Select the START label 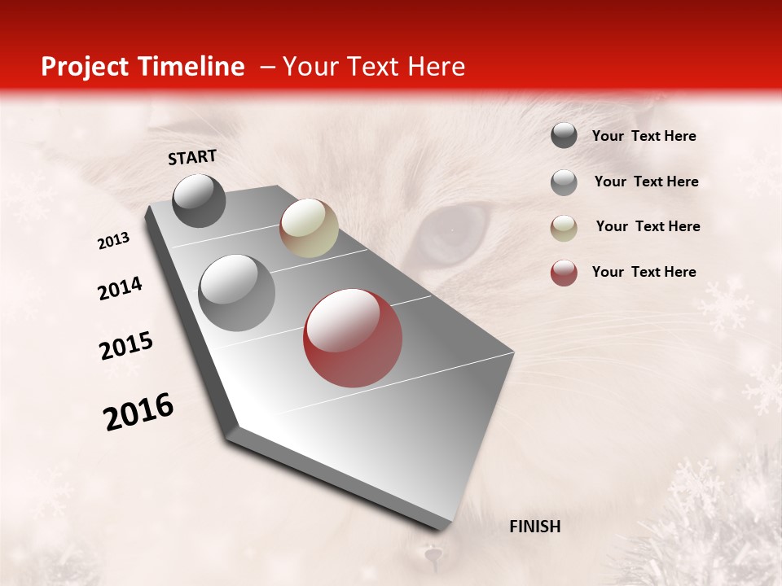[192, 157]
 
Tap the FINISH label [534, 527]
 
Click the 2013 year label [114, 241]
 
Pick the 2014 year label [121, 289]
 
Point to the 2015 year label [126, 346]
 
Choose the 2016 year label [138, 412]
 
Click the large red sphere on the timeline [353, 338]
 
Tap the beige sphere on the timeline [309, 228]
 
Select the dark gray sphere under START [200, 200]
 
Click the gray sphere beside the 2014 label [237, 292]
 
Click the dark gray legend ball [564, 136]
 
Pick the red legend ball [564, 273]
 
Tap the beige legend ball [564, 228]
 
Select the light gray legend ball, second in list [564, 182]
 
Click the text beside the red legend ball [644, 272]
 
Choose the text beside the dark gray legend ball [644, 136]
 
